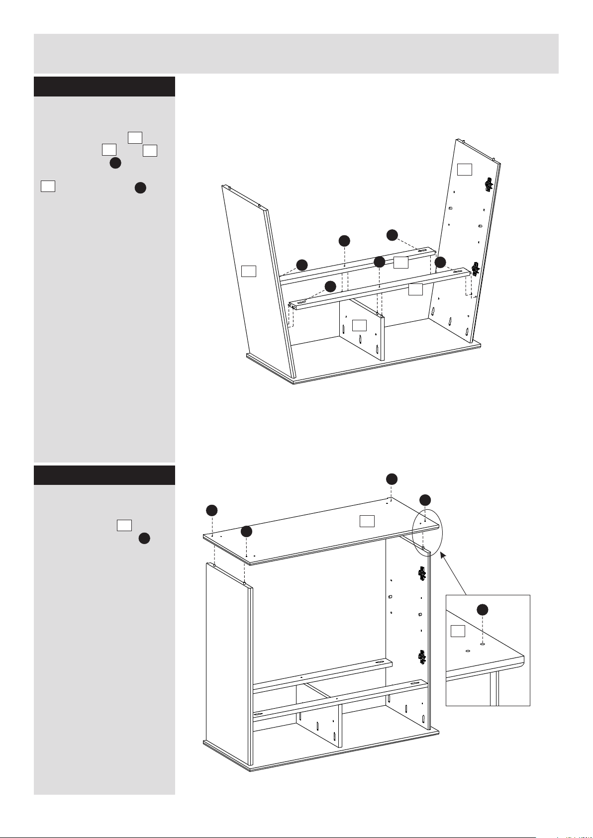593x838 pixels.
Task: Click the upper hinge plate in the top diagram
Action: [489, 185]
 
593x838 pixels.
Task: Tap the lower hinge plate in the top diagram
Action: [475, 269]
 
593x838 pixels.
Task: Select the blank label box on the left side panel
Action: [248, 271]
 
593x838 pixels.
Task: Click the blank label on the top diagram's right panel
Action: [464, 170]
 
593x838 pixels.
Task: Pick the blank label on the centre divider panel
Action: [359, 326]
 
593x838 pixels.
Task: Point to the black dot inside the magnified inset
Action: [482, 610]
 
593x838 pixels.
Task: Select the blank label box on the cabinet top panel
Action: [367, 521]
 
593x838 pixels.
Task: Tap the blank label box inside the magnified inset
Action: [458, 631]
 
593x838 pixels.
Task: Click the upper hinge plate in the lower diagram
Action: [422, 574]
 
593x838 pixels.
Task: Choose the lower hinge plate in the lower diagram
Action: [422, 657]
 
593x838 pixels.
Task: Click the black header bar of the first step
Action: [104, 87]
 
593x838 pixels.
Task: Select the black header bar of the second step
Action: [104, 475]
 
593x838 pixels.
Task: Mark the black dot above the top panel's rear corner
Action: [392, 478]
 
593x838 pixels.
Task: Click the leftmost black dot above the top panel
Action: [212, 510]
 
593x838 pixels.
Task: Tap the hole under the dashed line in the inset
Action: [482, 644]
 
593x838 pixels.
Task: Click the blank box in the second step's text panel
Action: [124, 525]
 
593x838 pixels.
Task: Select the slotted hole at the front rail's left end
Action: [301, 301]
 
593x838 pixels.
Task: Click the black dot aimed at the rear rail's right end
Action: [392, 235]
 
